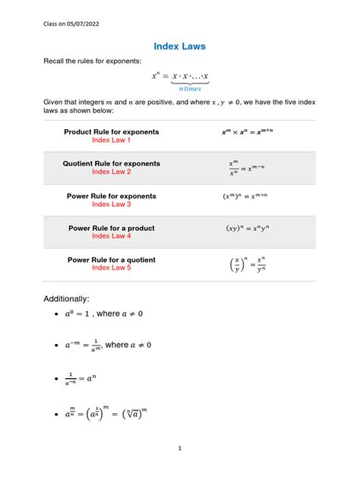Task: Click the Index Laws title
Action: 179,47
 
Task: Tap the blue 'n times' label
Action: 185,89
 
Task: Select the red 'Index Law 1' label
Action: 112,141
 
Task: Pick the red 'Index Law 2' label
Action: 112,172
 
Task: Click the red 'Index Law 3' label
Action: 112,204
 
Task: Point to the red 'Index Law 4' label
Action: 112,236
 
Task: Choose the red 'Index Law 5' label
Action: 112,268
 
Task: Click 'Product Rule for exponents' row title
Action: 112,132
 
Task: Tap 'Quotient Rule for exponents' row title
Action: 112,163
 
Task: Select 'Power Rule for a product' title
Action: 112,227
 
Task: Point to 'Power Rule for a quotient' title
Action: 112,260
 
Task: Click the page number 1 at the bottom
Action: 180,448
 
